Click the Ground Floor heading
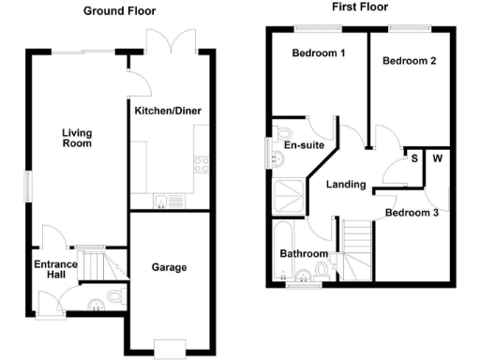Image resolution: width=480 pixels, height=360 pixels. [x=120, y=11]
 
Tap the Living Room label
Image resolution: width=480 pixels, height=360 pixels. [x=77, y=138]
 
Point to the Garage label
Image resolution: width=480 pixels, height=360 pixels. [x=169, y=267]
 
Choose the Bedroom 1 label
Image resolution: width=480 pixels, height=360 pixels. [x=319, y=53]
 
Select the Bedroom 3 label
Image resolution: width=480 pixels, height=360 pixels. [x=412, y=213]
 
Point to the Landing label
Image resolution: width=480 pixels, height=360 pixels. [x=345, y=184]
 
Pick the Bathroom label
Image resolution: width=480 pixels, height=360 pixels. [x=304, y=254]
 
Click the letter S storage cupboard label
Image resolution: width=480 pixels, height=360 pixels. [x=414, y=157]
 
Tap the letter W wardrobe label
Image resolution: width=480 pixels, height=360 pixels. [x=437, y=157]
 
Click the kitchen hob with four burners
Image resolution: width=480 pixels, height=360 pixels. [x=201, y=163]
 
